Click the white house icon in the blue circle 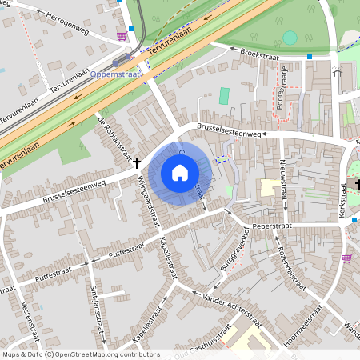click(180, 172)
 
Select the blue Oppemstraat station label click(115, 74)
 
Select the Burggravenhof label click(227, 254)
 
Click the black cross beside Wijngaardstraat click(137, 162)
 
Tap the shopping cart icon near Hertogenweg click(121, 35)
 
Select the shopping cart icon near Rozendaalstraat click(346, 258)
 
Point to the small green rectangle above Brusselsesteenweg click(225, 96)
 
